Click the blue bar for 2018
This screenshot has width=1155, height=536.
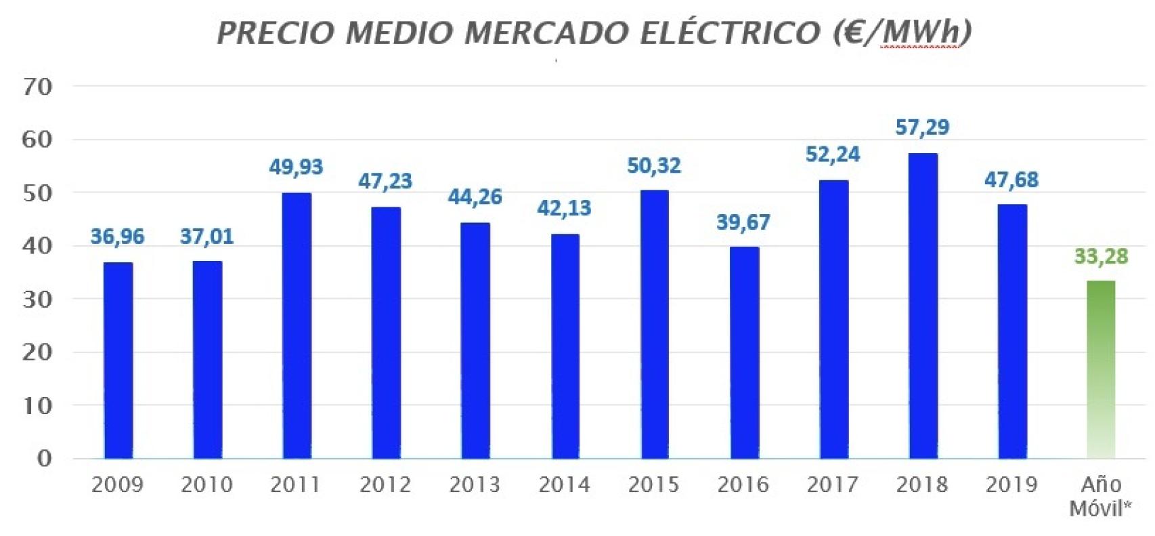(x=923, y=306)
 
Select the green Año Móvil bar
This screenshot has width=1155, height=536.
(x=1100, y=369)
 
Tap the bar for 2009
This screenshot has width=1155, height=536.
(x=118, y=360)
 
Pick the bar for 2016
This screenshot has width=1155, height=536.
(x=744, y=352)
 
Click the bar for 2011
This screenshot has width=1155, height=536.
(x=297, y=326)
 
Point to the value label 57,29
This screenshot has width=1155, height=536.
(x=922, y=127)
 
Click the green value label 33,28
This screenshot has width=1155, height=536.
(x=1101, y=257)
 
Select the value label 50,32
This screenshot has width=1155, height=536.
(x=653, y=166)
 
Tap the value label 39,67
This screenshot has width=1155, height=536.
(x=743, y=222)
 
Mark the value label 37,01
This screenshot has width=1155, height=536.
(x=206, y=236)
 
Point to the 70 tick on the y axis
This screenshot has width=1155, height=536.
(x=37, y=87)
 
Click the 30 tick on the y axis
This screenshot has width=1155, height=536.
(x=37, y=299)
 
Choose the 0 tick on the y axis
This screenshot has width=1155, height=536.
(x=44, y=459)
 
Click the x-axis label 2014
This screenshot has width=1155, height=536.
(x=564, y=485)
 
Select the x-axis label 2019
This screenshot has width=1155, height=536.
(x=1011, y=485)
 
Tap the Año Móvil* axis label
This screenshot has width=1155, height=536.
(x=1101, y=496)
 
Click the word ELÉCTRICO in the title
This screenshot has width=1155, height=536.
(x=731, y=33)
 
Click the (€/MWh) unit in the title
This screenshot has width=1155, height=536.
(x=902, y=33)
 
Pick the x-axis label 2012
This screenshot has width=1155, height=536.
(x=385, y=485)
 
